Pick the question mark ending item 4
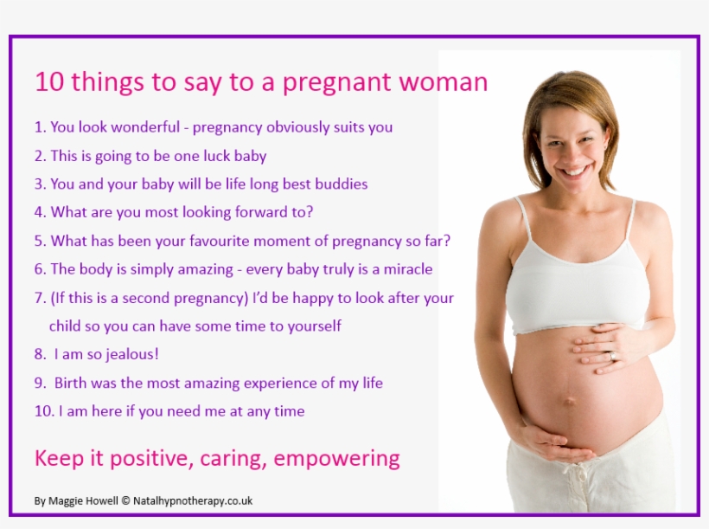click(x=310, y=212)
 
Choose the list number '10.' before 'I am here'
click(x=44, y=411)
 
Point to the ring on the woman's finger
click(x=614, y=356)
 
